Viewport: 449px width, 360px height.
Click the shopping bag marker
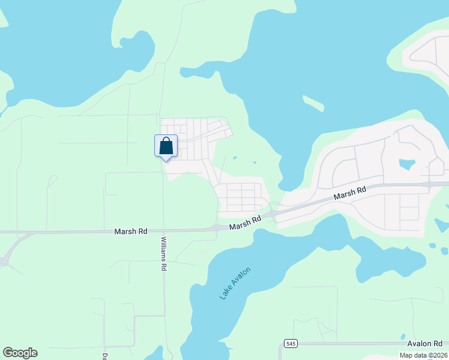(166, 146)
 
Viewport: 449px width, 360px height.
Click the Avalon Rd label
(424, 343)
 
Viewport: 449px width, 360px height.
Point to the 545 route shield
(291, 343)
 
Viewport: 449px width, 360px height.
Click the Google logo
(20, 353)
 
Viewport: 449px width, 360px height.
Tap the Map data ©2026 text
(423, 355)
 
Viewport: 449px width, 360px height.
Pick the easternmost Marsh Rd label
(350, 193)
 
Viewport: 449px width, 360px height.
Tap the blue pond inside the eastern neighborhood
(407, 164)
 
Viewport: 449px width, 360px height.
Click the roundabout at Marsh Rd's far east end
(430, 183)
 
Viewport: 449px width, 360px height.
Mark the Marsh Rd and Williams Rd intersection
(163, 230)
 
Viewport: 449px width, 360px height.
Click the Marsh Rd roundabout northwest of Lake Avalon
(215, 228)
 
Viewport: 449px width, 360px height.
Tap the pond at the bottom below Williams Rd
(157, 353)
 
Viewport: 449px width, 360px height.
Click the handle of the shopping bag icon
(166, 141)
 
